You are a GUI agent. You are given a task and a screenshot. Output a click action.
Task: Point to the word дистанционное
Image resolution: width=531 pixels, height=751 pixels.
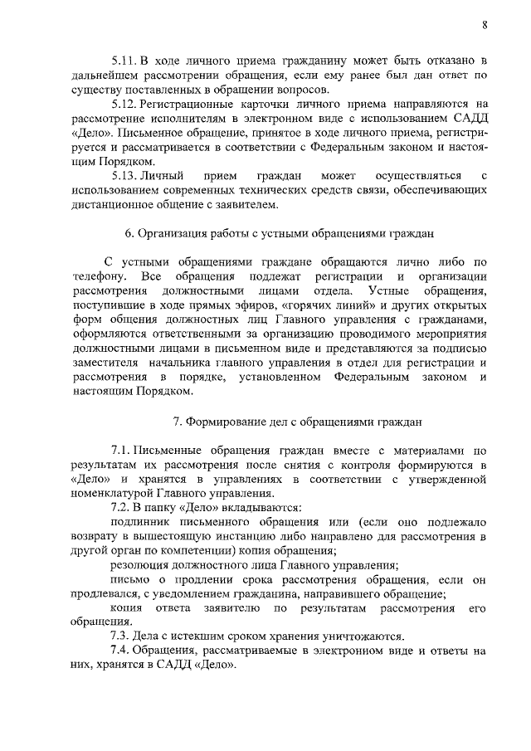109,205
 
